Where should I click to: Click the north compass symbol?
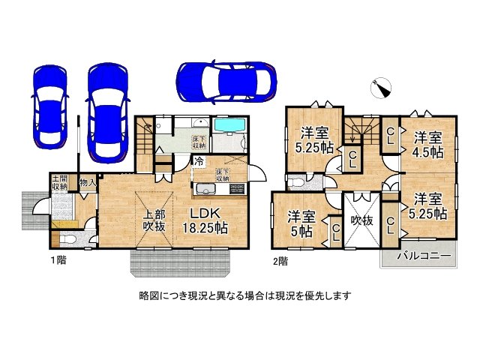382,88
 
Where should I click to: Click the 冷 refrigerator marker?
199,160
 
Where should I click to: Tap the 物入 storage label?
87,181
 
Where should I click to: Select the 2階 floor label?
280,262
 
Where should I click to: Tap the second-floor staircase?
362,132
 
